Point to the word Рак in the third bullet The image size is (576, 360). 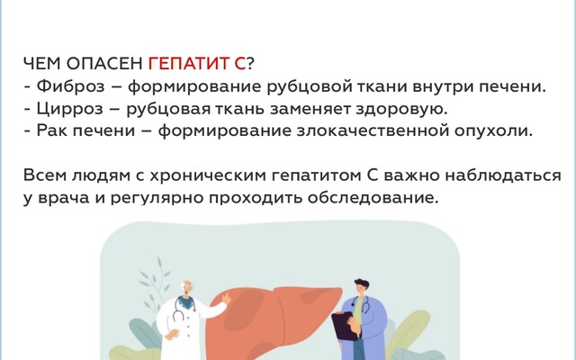50,131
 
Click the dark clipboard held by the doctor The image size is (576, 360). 343,326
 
